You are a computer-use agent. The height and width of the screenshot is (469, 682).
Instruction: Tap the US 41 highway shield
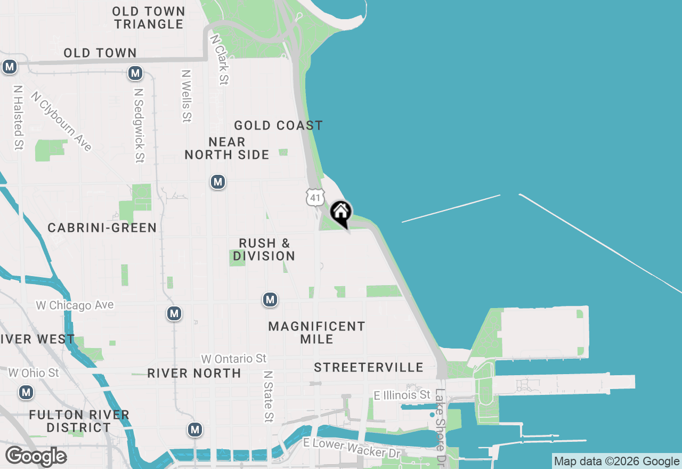point(315,197)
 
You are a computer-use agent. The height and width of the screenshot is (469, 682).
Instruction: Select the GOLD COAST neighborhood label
point(279,126)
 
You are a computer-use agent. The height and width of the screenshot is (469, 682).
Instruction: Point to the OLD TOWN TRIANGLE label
point(149,18)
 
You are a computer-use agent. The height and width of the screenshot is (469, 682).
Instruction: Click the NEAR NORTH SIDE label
point(227,148)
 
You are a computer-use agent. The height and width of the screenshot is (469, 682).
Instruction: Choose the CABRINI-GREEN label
point(102,228)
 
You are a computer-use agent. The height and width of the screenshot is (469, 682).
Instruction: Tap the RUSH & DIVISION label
point(264,249)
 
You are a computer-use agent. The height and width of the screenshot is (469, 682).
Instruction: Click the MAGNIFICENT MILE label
point(317,333)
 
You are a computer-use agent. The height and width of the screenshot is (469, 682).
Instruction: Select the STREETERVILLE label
point(369,368)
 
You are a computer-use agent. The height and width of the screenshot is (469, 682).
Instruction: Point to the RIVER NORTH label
point(194,374)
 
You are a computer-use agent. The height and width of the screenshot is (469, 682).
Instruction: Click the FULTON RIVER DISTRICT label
point(79,421)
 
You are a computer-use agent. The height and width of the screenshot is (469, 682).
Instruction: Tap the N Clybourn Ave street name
point(61,122)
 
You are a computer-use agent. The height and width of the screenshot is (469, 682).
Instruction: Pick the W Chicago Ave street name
point(75,305)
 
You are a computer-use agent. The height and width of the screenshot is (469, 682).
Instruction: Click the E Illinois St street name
point(402,395)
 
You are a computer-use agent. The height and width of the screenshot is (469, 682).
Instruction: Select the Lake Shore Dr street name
point(440,426)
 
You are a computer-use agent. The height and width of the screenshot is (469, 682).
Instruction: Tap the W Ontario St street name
point(233,359)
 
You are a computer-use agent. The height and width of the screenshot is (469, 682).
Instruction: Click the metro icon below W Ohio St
point(26,393)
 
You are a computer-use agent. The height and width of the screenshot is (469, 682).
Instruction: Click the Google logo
point(36,457)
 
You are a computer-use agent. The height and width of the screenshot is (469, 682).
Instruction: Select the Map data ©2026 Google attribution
point(616,462)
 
